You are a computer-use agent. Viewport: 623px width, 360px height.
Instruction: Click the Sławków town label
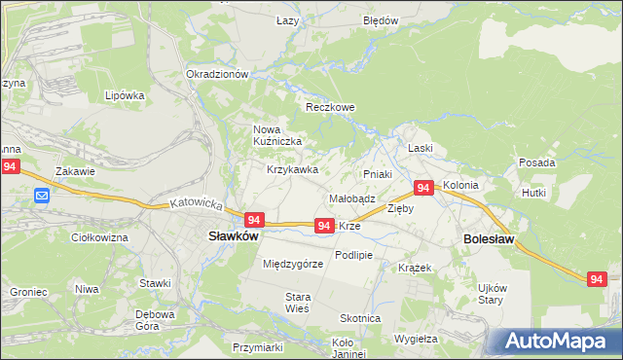(x=234, y=235)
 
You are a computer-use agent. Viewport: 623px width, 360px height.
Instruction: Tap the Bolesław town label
(x=488, y=238)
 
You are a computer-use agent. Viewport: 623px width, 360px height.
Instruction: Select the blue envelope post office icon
(x=42, y=197)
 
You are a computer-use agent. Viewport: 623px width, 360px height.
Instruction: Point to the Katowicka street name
(x=196, y=206)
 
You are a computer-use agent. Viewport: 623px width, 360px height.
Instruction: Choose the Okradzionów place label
(x=218, y=74)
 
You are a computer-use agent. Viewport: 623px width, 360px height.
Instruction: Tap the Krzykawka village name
(x=293, y=169)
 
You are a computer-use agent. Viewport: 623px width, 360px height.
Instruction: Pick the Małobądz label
(x=351, y=198)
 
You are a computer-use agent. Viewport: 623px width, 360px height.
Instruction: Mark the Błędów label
(x=381, y=19)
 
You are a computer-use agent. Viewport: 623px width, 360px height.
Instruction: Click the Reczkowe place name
(x=331, y=107)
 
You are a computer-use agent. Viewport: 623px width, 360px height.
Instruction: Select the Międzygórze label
(x=293, y=264)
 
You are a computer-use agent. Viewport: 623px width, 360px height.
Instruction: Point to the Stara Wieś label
(x=296, y=302)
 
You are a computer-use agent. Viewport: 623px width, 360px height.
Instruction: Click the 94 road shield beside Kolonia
(x=423, y=188)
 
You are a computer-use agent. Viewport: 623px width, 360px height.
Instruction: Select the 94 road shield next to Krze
(x=325, y=226)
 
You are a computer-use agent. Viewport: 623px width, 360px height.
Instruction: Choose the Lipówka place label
(x=125, y=95)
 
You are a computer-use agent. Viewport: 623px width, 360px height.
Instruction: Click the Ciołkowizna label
(x=100, y=236)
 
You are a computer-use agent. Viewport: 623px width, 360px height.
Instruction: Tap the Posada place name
(x=537, y=162)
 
